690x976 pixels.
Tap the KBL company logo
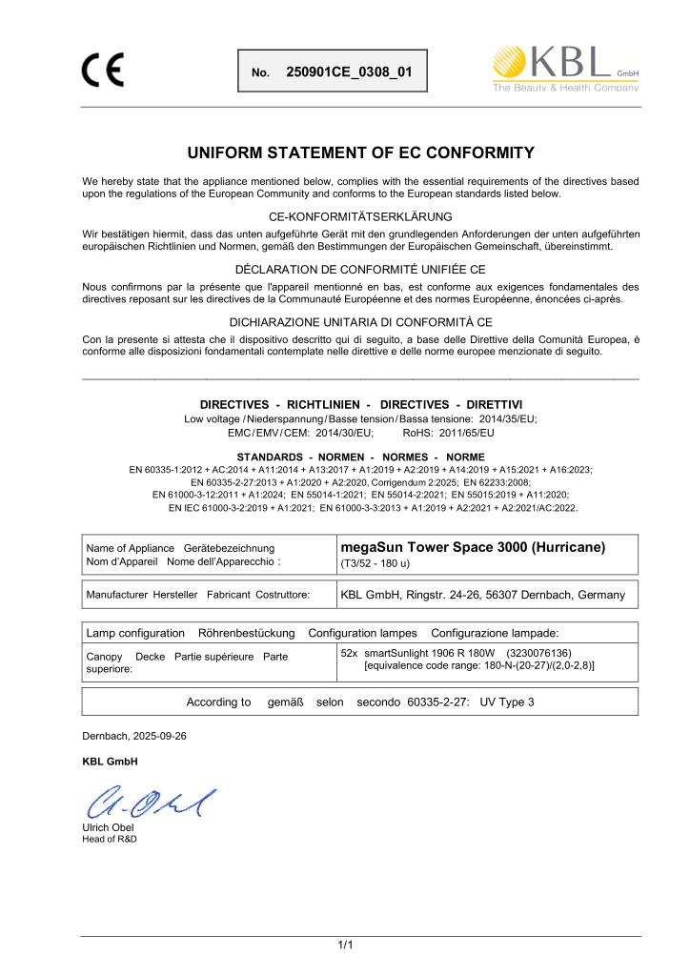[564, 69]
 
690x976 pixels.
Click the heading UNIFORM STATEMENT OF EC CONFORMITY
[361, 152]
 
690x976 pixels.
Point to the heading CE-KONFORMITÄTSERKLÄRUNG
[361, 217]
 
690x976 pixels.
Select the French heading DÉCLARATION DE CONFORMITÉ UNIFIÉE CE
[361, 270]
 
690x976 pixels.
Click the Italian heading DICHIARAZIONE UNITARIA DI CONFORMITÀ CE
[361, 321]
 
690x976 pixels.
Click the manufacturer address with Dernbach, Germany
[482, 595]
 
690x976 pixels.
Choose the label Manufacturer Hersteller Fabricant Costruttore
[198, 596]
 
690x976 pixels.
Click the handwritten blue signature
[151, 805]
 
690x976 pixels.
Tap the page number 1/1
[345, 945]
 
